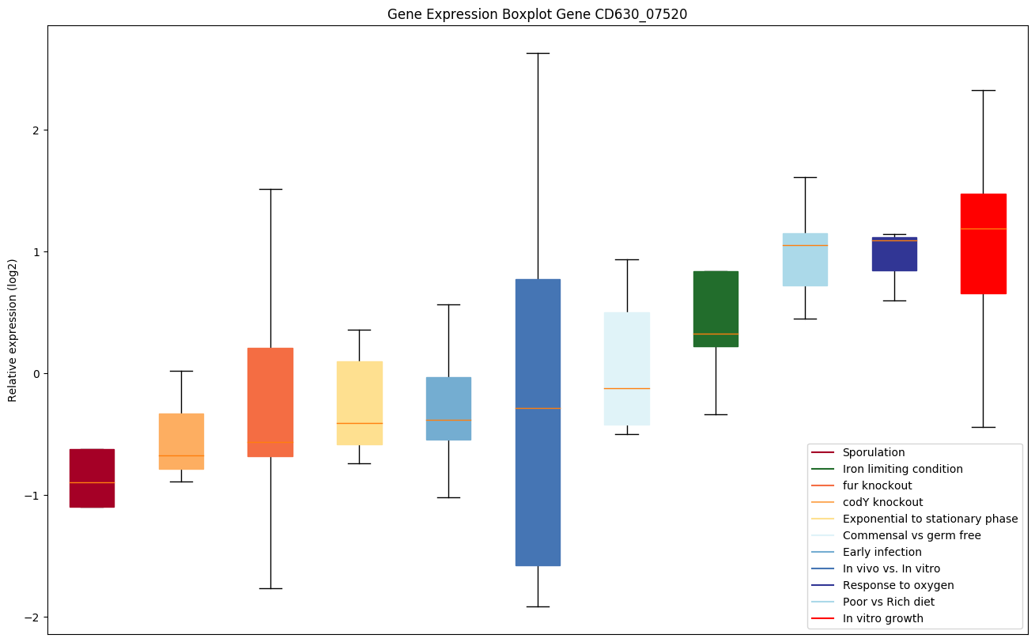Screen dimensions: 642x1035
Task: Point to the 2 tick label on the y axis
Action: pyautogui.click(x=34, y=130)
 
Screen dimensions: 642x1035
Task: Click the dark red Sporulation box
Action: pyautogui.click(x=92, y=478)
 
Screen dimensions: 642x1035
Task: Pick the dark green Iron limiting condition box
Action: pyautogui.click(x=716, y=308)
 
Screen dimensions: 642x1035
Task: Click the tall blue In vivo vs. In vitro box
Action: pyautogui.click(x=538, y=422)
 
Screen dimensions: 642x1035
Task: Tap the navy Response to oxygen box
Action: pyautogui.click(x=894, y=254)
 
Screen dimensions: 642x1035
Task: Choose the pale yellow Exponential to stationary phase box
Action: pyautogui.click(x=360, y=402)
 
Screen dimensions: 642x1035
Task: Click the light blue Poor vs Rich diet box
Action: pyautogui.click(x=805, y=259)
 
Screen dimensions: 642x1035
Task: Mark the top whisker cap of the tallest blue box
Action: pyautogui.click(x=538, y=53)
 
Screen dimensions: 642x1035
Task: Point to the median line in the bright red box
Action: pyautogui.click(x=983, y=228)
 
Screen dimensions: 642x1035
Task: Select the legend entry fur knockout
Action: pyautogui.click(x=877, y=485)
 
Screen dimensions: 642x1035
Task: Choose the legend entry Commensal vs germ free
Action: pyautogui.click(x=911, y=535)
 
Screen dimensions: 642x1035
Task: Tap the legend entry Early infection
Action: pyautogui.click(x=882, y=552)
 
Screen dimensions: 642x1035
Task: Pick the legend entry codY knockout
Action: pyautogui.click(x=882, y=502)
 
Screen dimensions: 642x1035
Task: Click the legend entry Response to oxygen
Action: pyautogui.click(x=897, y=585)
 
